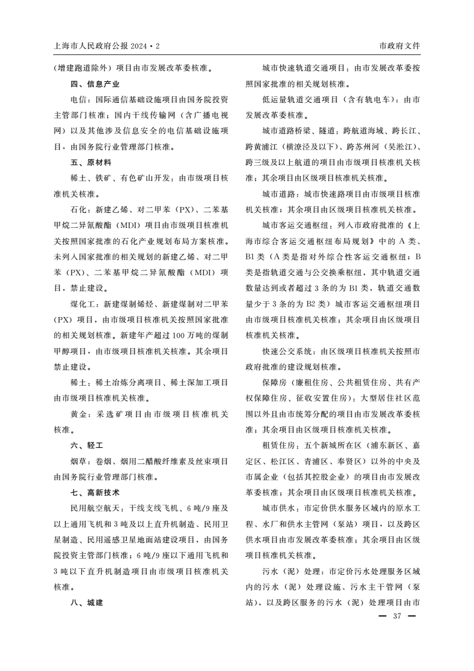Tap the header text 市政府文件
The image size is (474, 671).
pos(399,45)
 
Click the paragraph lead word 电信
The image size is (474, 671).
pos(78,99)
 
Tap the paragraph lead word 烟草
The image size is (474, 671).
pos(78,461)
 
